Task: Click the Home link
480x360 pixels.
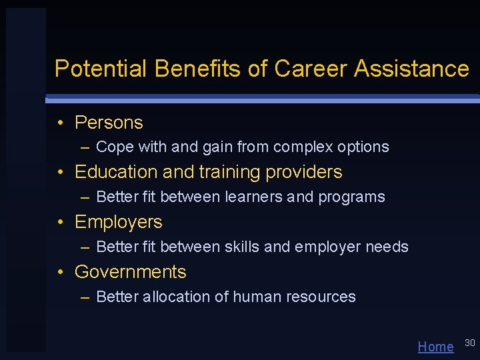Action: pos(435,347)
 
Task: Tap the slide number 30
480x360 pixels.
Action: pos(469,343)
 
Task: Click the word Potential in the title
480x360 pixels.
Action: pos(101,69)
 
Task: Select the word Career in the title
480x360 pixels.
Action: pos(311,69)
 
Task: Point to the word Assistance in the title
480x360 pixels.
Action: pos(412,69)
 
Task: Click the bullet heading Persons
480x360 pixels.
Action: pos(109,123)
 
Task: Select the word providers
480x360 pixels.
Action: pos(304,172)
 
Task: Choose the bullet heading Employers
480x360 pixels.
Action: pos(119,222)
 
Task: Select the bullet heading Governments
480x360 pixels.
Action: pos(131,272)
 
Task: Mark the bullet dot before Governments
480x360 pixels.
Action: pos(61,272)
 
